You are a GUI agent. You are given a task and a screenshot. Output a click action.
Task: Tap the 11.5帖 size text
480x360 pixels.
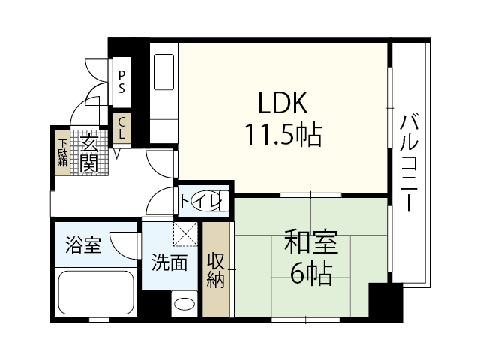283,136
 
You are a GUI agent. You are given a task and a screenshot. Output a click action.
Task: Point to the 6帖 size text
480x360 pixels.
310,274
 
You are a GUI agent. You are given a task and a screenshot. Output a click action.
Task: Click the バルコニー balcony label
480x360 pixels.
409,162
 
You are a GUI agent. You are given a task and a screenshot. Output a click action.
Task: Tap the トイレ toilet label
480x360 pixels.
200,201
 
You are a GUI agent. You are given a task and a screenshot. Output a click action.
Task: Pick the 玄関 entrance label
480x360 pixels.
88,151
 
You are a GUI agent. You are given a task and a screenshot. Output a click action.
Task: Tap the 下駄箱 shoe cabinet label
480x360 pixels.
62,152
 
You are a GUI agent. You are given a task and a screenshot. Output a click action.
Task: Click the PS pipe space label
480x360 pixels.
121,79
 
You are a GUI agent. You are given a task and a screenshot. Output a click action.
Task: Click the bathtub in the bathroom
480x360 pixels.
96,292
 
